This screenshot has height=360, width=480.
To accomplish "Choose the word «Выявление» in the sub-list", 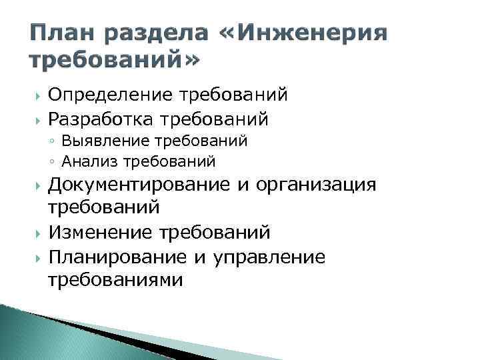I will click(x=94, y=141).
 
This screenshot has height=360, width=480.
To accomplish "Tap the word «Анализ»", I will click(x=83, y=161).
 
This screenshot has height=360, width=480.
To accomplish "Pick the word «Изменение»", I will click(x=101, y=233).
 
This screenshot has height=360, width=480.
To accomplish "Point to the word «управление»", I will click(x=269, y=257).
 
